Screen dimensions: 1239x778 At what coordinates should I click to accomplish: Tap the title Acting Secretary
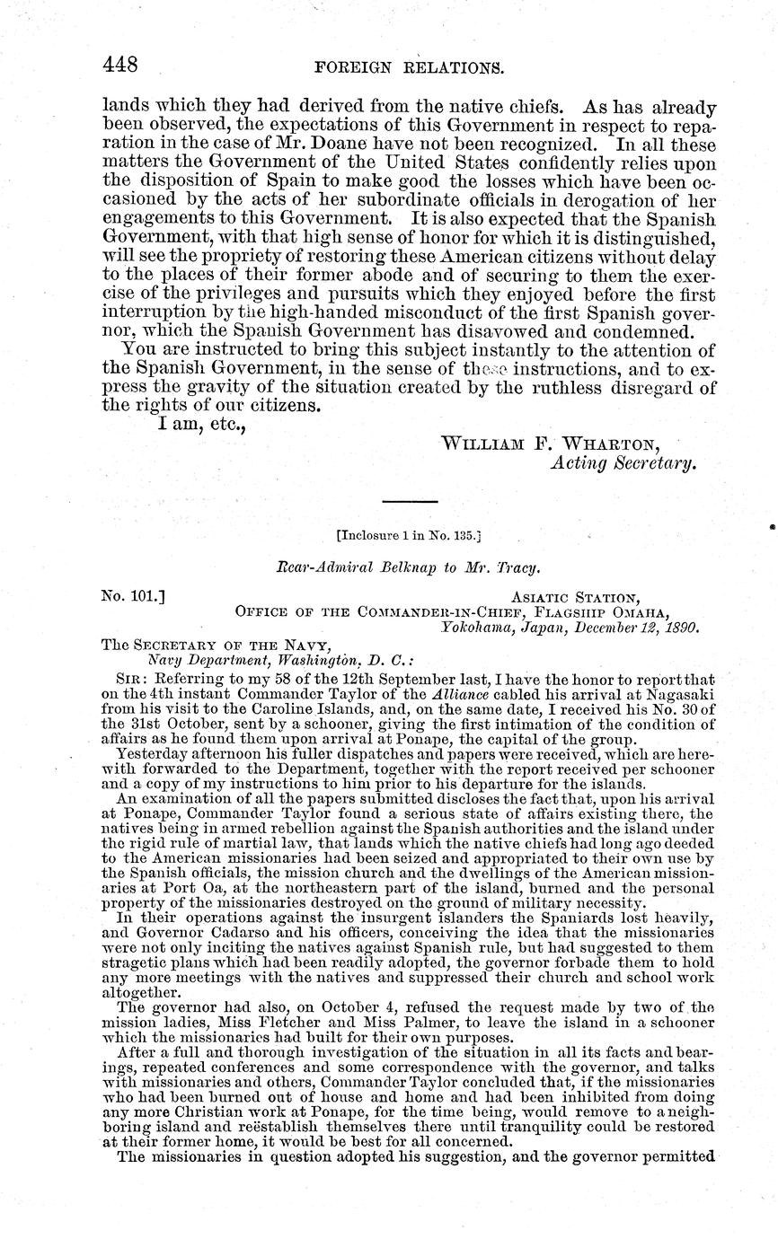click(x=623, y=463)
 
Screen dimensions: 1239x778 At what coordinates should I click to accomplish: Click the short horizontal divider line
click(x=409, y=501)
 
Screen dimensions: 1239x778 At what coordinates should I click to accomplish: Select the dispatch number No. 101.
click(x=131, y=594)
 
